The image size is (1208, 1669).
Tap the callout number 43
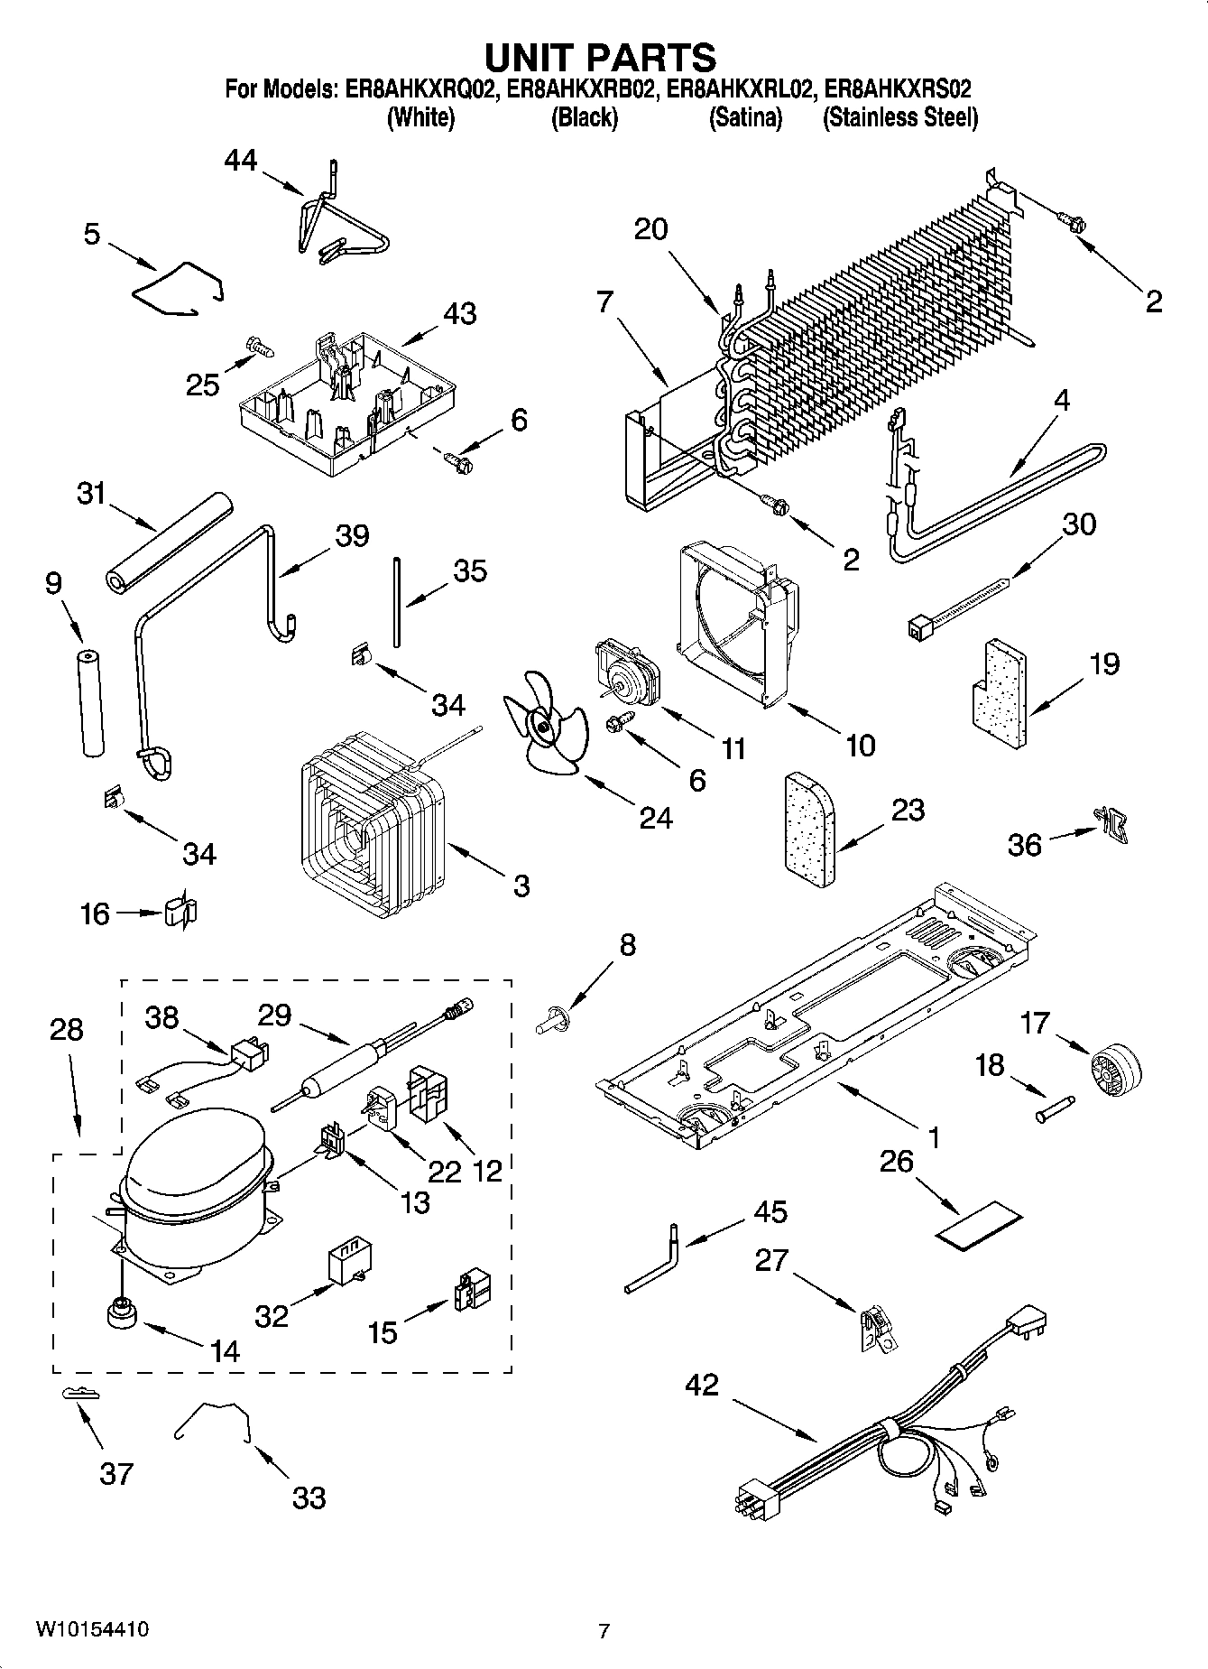(x=460, y=315)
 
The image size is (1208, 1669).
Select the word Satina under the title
(x=745, y=117)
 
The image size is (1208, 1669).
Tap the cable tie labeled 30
(x=956, y=608)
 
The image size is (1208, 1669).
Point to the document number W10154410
(x=92, y=1630)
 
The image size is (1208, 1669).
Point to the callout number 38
(x=162, y=1018)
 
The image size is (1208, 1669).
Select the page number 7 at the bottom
(x=604, y=1631)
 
